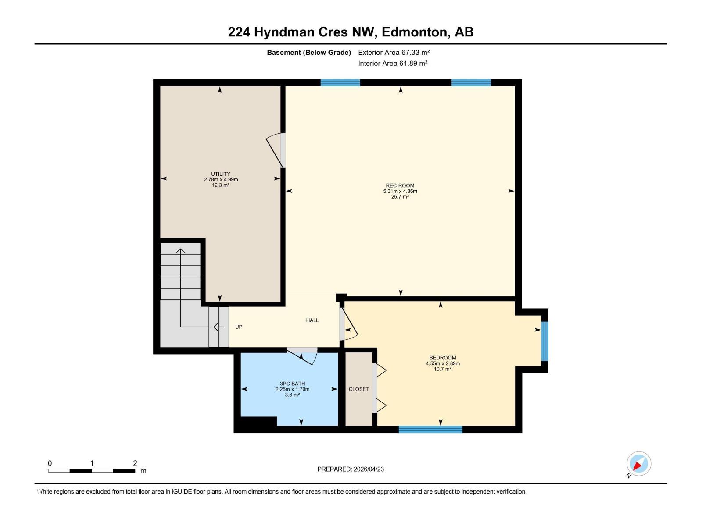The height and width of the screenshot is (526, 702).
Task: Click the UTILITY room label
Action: pos(220,174)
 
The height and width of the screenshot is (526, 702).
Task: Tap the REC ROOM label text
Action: pos(400,185)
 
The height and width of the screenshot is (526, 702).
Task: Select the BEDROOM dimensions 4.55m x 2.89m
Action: pos(442,363)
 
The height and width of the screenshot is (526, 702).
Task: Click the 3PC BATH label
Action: pos(292,384)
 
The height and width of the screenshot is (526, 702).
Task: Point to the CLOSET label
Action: pos(358,389)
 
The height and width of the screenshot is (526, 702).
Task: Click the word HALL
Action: pos(312,320)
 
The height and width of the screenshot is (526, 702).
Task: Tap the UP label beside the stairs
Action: pos(239,327)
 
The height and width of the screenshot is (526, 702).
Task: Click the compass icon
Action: pos(638,464)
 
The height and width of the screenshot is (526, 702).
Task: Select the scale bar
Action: pos(92,471)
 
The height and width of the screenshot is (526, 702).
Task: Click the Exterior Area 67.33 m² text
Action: pos(394,52)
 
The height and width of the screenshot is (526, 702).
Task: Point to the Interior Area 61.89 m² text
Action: pos(393,63)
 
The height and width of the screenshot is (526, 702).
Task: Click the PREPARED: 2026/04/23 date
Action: pos(351,469)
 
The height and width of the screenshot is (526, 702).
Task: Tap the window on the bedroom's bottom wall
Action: pos(430,429)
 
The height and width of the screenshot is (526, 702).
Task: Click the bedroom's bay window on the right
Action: pos(544,341)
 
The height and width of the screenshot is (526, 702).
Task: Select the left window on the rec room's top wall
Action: pos(340,83)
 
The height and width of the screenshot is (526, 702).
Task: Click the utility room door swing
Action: pos(275,150)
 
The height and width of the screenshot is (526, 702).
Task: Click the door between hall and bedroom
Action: pos(348,325)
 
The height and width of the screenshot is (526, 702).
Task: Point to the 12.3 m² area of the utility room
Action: pos(220,185)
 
